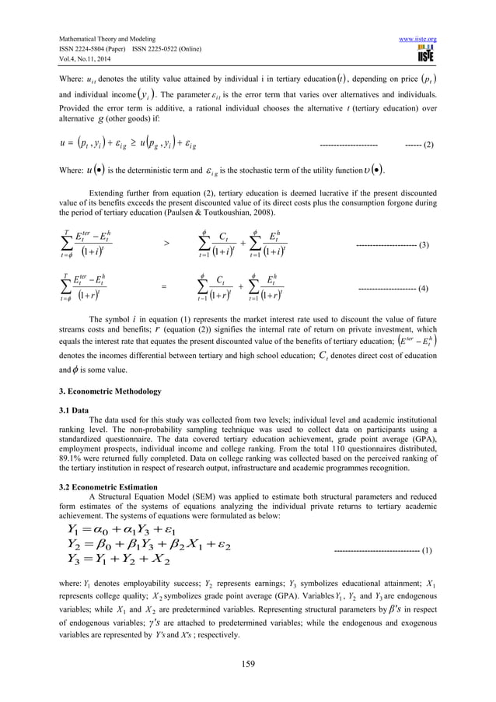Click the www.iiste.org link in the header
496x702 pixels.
tap(419, 38)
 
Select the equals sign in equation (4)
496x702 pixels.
tap(164, 288)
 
